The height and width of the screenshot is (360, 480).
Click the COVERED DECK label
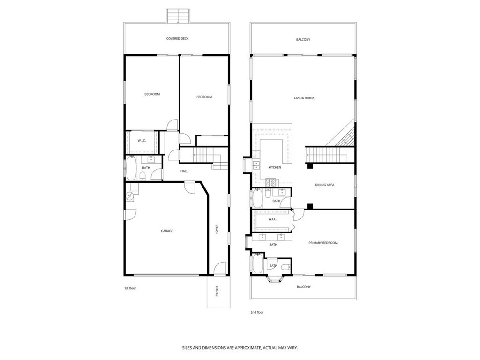[177, 39]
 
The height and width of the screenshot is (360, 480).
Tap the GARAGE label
[167, 231]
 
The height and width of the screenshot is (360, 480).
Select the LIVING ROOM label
[304, 98]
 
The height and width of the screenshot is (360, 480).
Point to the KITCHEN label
[274, 167]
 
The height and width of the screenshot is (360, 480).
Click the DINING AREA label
[324, 185]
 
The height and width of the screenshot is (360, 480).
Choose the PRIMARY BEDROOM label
[323, 243]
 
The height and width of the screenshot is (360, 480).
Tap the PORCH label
[217, 291]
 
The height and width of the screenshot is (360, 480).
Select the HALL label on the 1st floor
[184, 171]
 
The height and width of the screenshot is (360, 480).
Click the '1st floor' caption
[130, 288]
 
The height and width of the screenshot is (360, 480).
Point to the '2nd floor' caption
[256, 311]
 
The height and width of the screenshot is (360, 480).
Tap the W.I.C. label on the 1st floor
[142, 141]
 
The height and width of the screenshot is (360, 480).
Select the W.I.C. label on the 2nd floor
[272, 219]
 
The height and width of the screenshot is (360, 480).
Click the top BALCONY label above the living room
[303, 40]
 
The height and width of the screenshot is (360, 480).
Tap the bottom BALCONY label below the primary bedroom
[303, 287]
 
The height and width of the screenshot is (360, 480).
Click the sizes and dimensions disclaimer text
[240, 348]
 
